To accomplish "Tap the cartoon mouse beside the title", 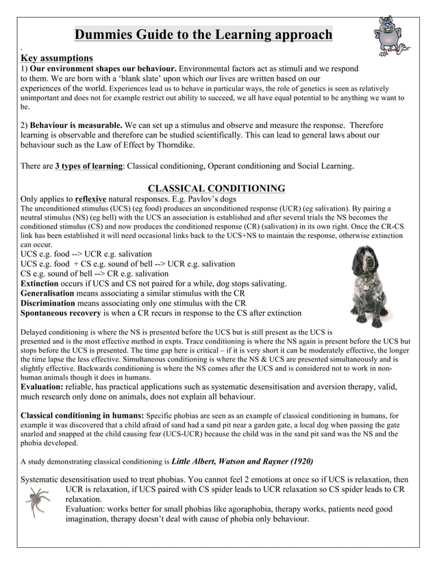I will [392, 36].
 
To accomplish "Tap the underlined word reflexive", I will [90, 199].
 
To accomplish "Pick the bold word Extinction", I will [44, 283].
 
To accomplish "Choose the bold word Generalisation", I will [53, 293].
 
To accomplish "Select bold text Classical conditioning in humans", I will [82, 415].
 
